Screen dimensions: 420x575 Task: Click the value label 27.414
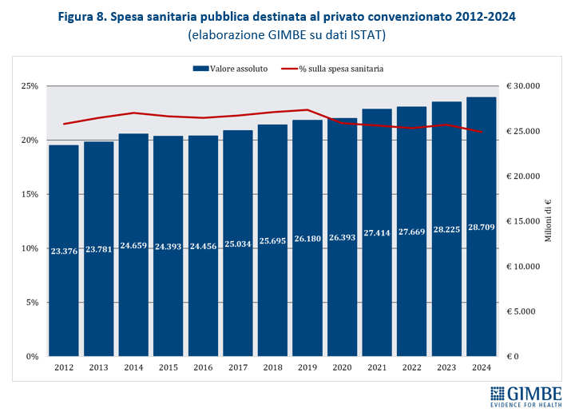click(377, 233)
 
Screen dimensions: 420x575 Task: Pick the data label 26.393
click(343, 237)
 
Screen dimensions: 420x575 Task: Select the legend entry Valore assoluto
click(231, 69)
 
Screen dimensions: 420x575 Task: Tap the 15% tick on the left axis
click(29, 194)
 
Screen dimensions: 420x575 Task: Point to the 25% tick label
click(29, 86)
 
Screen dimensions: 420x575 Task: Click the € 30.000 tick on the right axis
click(524, 86)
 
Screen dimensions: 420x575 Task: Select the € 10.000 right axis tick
click(524, 267)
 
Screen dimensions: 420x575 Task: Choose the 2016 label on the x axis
click(203, 368)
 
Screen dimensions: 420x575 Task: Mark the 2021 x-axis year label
click(377, 368)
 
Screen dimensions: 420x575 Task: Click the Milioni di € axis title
click(549, 222)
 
